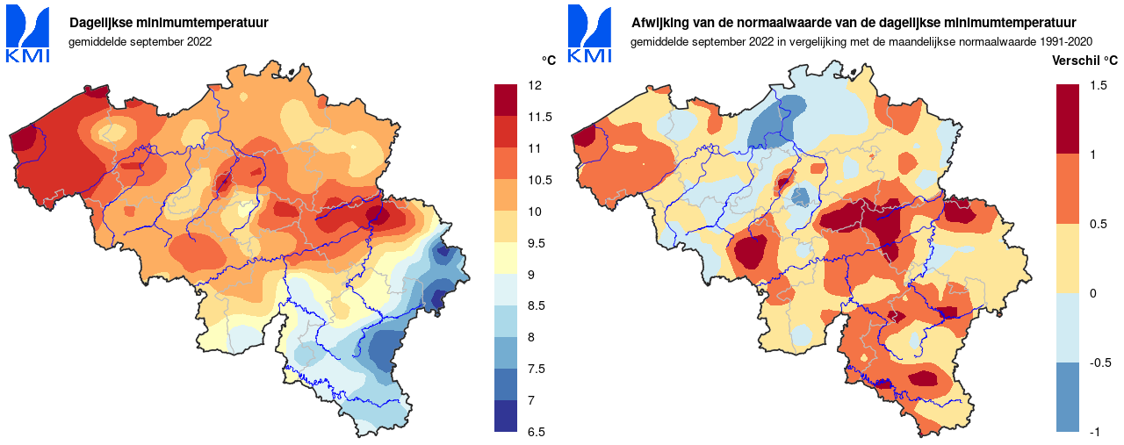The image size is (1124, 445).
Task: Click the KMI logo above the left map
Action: coord(27,34)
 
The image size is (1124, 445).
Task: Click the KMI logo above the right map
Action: coord(589,34)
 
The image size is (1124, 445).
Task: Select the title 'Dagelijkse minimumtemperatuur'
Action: coord(169,22)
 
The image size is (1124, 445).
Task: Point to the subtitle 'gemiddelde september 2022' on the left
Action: coord(140,40)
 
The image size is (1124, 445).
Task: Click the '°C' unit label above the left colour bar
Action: coord(549,61)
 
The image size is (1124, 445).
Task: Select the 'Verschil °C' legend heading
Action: coord(1084,61)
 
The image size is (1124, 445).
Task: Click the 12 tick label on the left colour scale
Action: coord(534,85)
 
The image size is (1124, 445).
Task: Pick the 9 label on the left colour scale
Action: coord(531,275)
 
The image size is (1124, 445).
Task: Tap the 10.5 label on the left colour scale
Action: coord(538,180)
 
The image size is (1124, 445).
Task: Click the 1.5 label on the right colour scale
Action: coord(1098,85)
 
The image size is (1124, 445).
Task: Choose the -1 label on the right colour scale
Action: coord(1094,432)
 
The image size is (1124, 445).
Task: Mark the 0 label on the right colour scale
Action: coord(1092,293)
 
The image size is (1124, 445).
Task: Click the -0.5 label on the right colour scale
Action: coord(1099,362)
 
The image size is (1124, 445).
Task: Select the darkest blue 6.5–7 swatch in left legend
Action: coord(506,416)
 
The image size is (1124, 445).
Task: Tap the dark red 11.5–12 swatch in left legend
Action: coord(506,100)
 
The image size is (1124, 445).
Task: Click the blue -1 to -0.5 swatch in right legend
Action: coord(1068,397)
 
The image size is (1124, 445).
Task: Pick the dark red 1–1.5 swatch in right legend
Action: coord(1068,119)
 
